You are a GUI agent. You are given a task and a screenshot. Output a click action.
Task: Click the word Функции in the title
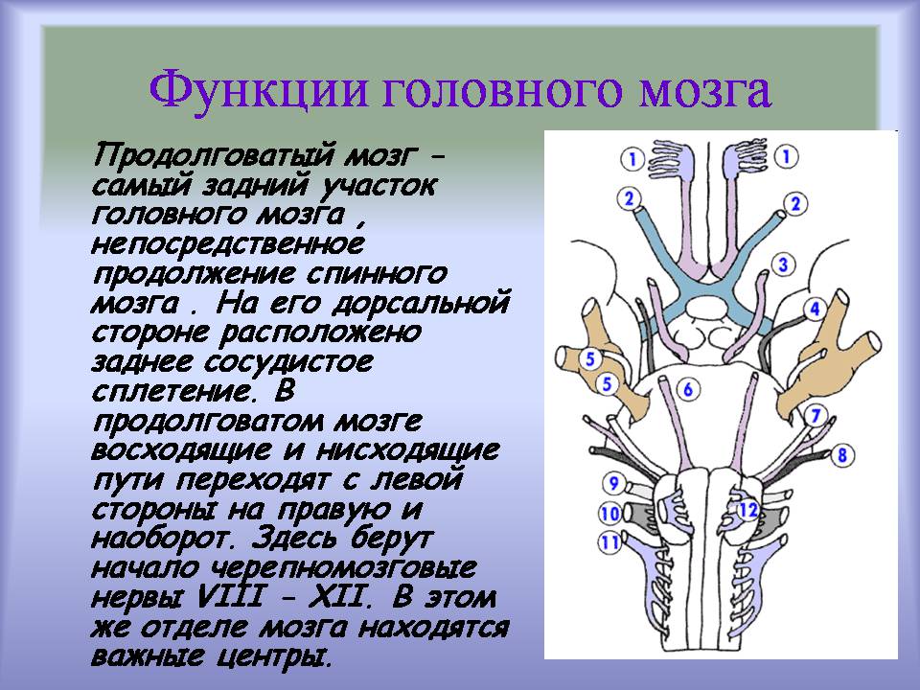pos(259,90)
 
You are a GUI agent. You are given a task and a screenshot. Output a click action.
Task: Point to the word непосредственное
pos(228,244)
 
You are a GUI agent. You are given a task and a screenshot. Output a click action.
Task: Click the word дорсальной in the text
pos(421,304)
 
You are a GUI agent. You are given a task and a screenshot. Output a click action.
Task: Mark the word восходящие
pos(181,450)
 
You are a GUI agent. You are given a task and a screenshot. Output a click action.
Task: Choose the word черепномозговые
pos(343,568)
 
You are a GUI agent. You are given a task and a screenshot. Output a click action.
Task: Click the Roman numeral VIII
pos(229,597)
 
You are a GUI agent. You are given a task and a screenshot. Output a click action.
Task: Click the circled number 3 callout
pos(783,264)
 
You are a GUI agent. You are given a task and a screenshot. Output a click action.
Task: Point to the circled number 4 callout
pos(815,308)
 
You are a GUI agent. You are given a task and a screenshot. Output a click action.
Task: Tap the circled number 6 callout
pos(688,388)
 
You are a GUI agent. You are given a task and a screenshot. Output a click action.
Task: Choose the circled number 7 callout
pos(816,416)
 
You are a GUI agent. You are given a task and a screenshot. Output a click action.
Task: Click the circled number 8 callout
pos(842,454)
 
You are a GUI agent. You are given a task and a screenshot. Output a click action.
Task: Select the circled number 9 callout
pos(613,483)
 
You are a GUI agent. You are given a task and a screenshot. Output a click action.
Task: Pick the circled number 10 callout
pos(609,514)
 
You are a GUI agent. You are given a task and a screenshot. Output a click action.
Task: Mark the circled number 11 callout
pos(609,541)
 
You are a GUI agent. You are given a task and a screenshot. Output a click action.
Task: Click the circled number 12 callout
pos(747,510)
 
